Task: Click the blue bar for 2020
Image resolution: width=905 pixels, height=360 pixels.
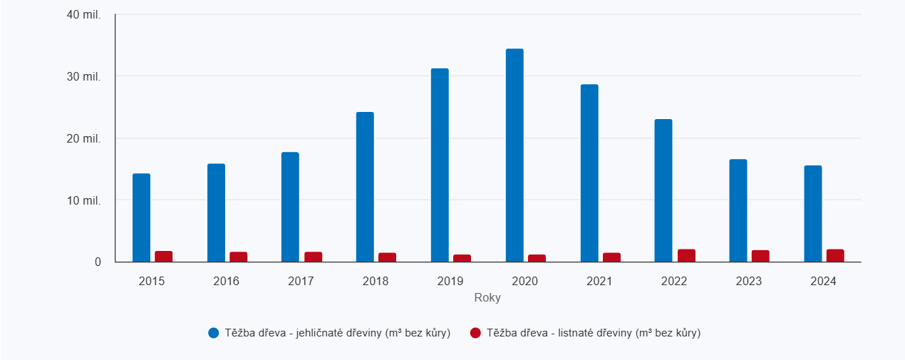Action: (x=514, y=155)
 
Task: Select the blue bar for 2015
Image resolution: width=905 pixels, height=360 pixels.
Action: (x=141, y=217)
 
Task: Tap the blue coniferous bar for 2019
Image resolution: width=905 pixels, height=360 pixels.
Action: (x=440, y=165)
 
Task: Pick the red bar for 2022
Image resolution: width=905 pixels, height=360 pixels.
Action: (x=686, y=255)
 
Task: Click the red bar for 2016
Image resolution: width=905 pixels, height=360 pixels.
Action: (x=239, y=257)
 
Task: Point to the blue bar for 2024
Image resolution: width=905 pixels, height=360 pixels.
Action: (x=813, y=214)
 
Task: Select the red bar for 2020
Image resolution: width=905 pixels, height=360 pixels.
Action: (x=537, y=258)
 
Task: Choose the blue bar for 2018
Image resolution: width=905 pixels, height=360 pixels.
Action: (x=365, y=187)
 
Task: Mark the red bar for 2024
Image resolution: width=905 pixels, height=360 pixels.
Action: (x=835, y=255)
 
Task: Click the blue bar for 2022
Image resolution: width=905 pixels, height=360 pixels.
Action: (x=663, y=190)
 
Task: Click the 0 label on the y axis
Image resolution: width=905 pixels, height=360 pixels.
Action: (x=98, y=262)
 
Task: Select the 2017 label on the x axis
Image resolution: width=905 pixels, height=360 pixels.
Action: (x=301, y=282)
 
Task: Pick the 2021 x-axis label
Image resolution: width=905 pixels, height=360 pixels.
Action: (x=599, y=282)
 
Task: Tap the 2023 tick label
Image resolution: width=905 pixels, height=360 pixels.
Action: (x=748, y=282)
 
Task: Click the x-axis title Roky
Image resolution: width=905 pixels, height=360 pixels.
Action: (x=487, y=298)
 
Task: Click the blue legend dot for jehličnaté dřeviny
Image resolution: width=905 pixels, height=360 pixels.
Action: (x=214, y=333)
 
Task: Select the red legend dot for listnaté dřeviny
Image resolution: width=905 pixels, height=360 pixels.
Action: (x=476, y=333)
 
